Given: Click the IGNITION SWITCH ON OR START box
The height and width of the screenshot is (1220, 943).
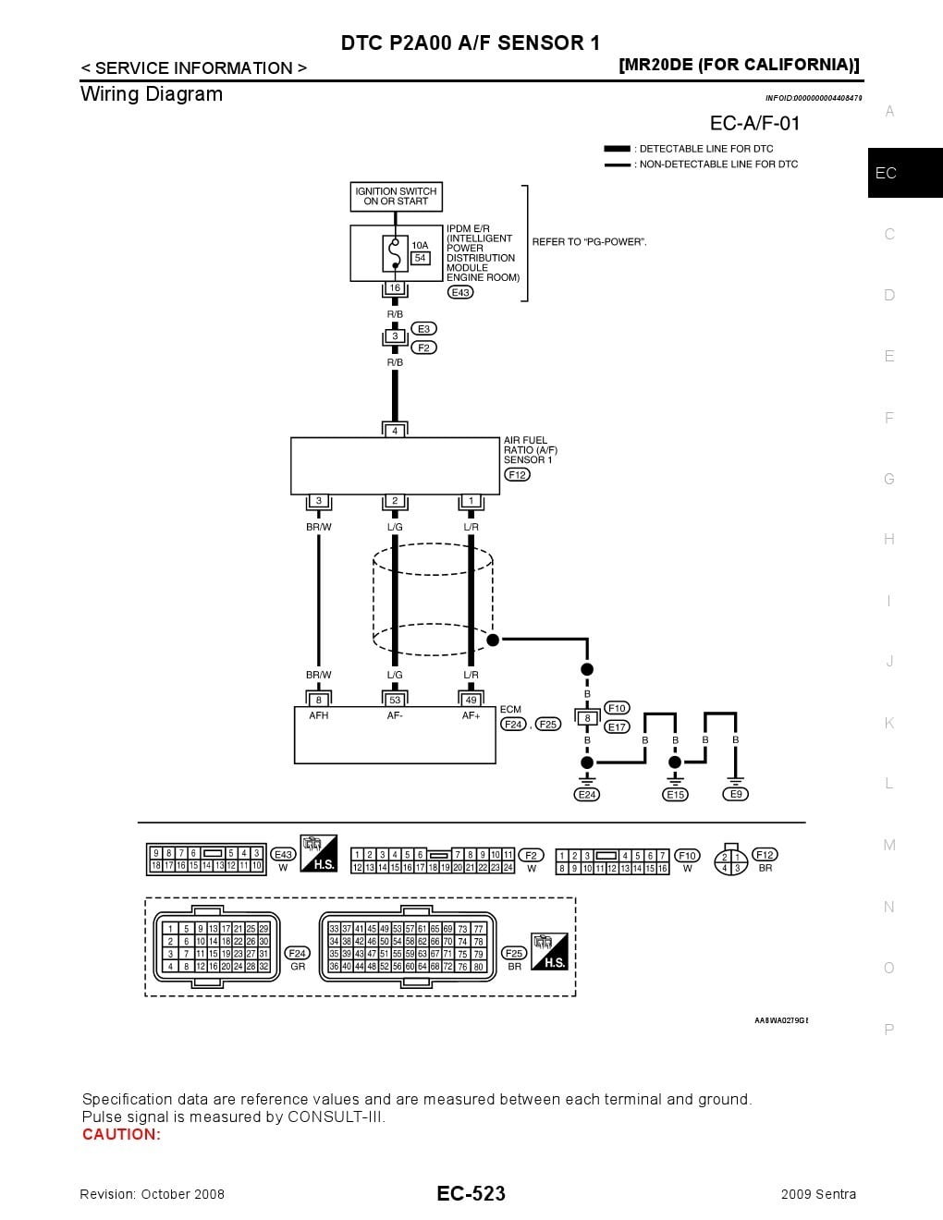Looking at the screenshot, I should (396, 196).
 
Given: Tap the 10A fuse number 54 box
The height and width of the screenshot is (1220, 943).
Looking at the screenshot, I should (420, 259).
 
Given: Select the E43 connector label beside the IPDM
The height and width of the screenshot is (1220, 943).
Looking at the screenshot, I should (459, 292).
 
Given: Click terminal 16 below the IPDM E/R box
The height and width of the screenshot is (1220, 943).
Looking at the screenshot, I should (395, 288).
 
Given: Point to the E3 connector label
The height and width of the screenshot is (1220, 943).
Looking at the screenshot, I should (423, 329).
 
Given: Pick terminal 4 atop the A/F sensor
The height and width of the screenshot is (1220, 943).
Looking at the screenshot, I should (395, 431).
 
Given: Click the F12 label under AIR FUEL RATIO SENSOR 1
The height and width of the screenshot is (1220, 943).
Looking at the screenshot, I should (516, 475).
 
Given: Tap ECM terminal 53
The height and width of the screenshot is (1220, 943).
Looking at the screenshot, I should (395, 701).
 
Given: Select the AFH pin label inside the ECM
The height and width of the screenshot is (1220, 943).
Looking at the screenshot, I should (318, 715).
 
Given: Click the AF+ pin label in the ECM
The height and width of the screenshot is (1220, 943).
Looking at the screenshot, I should (471, 715).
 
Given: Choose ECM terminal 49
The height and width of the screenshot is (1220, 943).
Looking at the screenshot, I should (471, 701).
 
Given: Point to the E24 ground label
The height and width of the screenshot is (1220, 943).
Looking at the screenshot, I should (586, 795).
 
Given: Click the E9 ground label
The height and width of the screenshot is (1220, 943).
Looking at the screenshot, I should (736, 795).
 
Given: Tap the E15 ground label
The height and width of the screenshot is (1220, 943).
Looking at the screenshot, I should (675, 795).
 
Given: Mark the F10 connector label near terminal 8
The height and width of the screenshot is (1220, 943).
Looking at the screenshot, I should (617, 708).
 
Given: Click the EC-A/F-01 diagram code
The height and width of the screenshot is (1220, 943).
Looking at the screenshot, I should (754, 123).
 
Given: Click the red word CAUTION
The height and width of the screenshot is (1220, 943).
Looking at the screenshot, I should (121, 1135).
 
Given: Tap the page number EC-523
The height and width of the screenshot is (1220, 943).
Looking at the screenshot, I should (471, 1194).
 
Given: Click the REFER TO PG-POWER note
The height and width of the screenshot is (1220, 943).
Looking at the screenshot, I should (589, 242).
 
